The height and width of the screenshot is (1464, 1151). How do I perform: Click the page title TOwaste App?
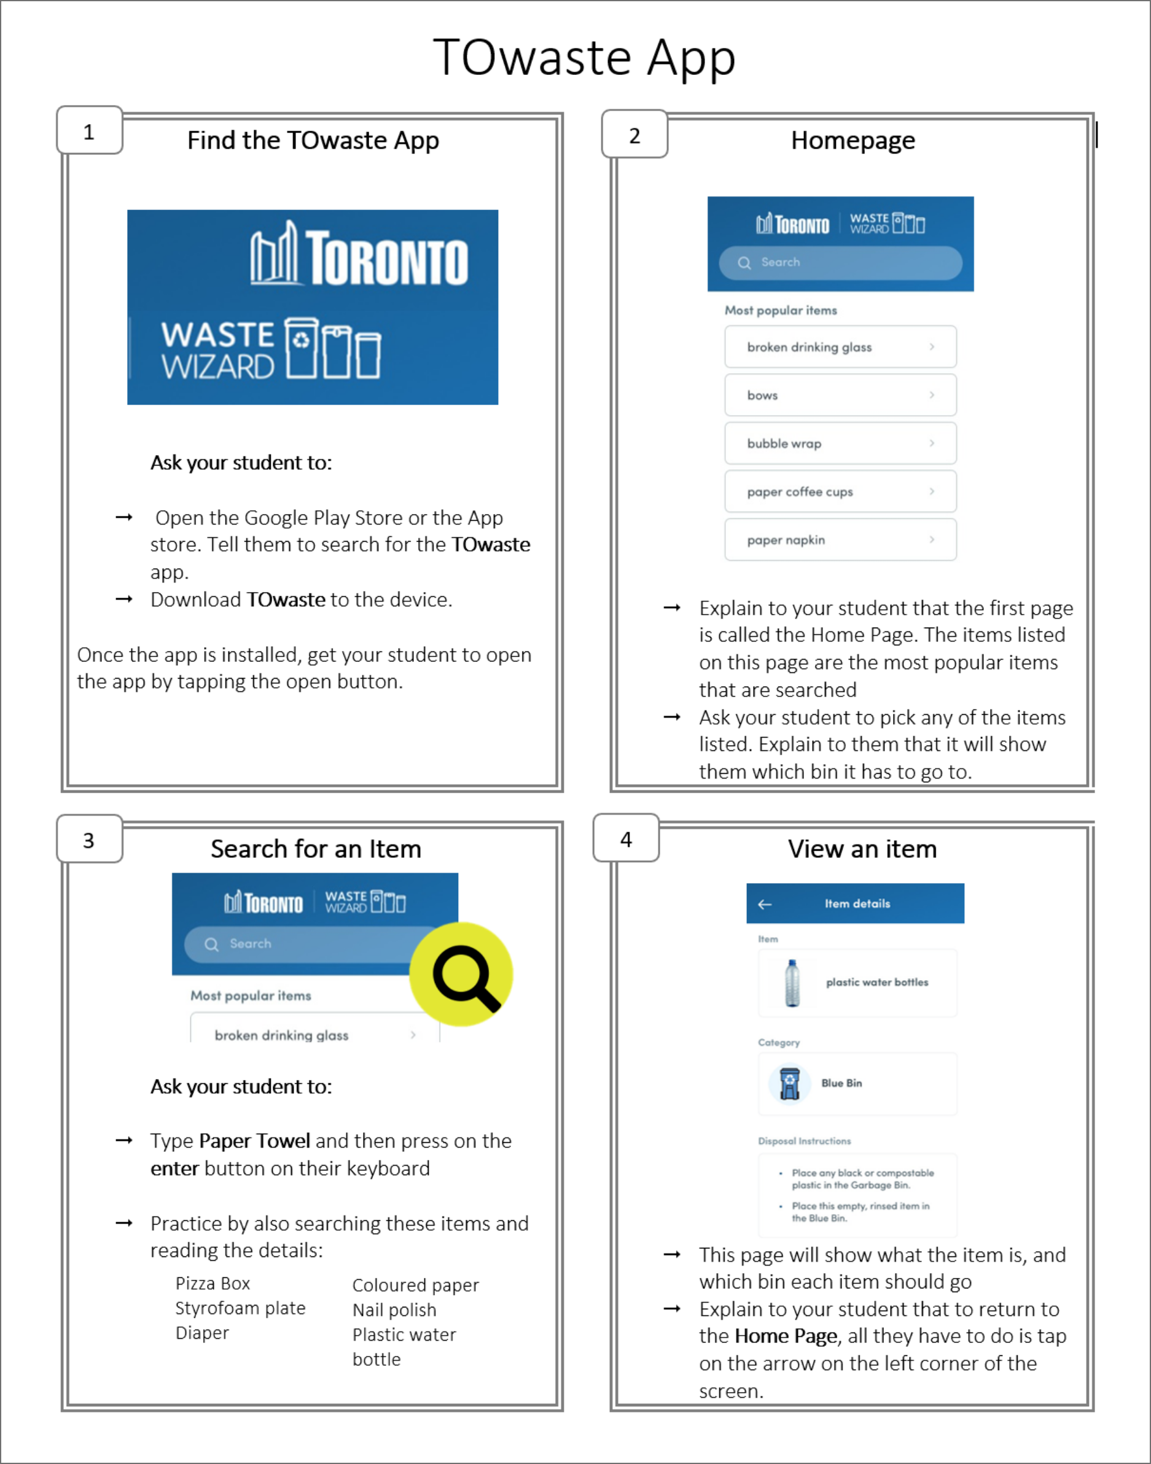click(x=583, y=58)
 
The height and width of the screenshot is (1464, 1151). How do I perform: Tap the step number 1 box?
click(x=89, y=131)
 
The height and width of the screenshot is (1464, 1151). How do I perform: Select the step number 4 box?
click(x=626, y=839)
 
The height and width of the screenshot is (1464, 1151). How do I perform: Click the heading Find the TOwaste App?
click(x=313, y=140)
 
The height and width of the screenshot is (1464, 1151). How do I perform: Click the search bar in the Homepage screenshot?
click(x=840, y=263)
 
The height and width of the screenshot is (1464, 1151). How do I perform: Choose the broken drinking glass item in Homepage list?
click(x=840, y=347)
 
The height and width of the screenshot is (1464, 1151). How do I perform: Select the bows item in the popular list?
click(x=840, y=395)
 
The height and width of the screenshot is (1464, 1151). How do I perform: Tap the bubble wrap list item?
click(x=840, y=443)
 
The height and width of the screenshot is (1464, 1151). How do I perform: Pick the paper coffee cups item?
click(x=840, y=492)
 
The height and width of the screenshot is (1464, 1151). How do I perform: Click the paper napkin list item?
click(x=840, y=540)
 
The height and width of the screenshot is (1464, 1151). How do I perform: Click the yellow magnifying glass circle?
click(x=462, y=974)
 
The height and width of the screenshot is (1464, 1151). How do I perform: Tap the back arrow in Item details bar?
click(x=765, y=904)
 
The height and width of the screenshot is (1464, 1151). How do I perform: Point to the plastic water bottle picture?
click(x=792, y=983)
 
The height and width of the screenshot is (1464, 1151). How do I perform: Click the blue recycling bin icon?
click(x=789, y=1083)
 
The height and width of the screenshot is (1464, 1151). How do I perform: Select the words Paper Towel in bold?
click(x=254, y=1140)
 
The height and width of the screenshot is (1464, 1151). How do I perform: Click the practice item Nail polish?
click(x=394, y=1310)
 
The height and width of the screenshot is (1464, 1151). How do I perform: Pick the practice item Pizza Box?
click(x=213, y=1283)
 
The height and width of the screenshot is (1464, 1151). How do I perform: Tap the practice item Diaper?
click(x=202, y=1333)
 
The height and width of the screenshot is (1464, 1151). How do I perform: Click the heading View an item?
click(x=862, y=849)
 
